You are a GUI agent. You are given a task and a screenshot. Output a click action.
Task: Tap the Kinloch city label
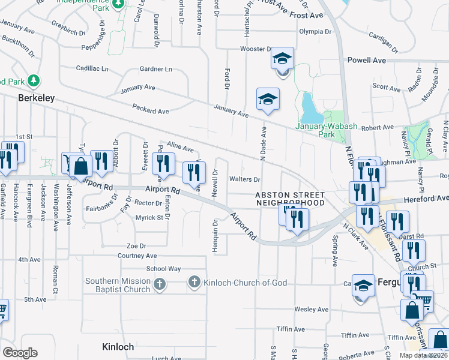coord(117,347)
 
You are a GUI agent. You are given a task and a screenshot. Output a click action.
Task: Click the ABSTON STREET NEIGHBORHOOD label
coord(289,199)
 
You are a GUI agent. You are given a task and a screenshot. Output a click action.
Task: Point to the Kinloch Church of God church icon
coord(194,282)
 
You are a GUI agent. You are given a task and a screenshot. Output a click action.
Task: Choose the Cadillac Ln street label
coord(92,68)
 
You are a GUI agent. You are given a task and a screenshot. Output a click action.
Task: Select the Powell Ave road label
coord(366,61)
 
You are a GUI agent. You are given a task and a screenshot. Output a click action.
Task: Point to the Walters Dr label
coord(244,179)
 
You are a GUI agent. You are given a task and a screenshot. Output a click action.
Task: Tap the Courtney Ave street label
coord(137,256)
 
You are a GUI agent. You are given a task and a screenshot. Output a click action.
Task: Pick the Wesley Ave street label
coord(310,310)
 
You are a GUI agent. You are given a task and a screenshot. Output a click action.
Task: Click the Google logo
coord(20,353)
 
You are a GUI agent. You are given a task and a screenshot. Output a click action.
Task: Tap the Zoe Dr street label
coord(136,246)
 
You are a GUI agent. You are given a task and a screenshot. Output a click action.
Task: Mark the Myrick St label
coord(149,218)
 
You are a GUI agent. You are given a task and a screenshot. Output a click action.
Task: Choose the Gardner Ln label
coord(155,70)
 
